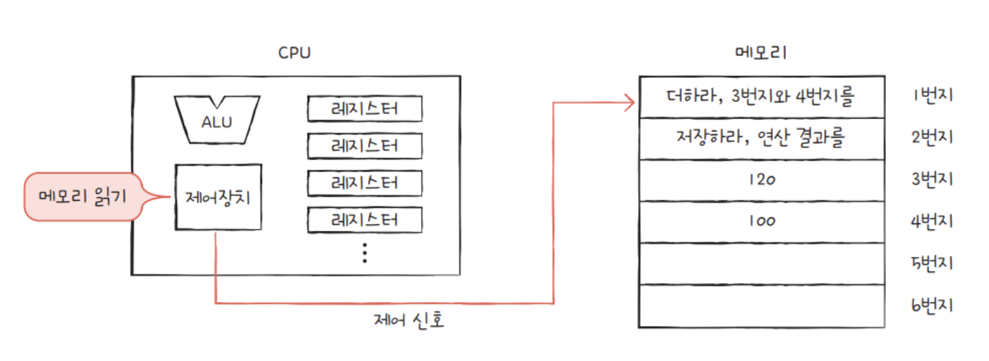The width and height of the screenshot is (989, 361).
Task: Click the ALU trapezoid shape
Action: [216, 120]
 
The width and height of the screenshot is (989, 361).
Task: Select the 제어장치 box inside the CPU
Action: [217, 197]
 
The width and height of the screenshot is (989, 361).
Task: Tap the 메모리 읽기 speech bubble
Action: [82, 197]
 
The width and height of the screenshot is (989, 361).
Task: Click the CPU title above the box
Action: [294, 53]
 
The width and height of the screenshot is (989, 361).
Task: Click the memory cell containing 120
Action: [761, 180]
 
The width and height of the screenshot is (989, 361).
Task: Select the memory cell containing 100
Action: [761, 221]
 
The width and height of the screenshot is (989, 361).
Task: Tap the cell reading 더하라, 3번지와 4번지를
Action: [761, 97]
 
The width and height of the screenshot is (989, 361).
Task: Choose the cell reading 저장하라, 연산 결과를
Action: [761, 138]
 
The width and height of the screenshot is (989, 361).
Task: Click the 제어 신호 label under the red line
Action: [410, 322]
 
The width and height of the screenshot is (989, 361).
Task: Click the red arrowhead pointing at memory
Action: [629, 103]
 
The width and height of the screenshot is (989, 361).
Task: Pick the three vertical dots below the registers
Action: [365, 252]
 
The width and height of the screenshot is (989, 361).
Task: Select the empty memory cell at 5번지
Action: [761, 263]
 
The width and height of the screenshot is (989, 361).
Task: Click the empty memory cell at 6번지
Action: [761, 306]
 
